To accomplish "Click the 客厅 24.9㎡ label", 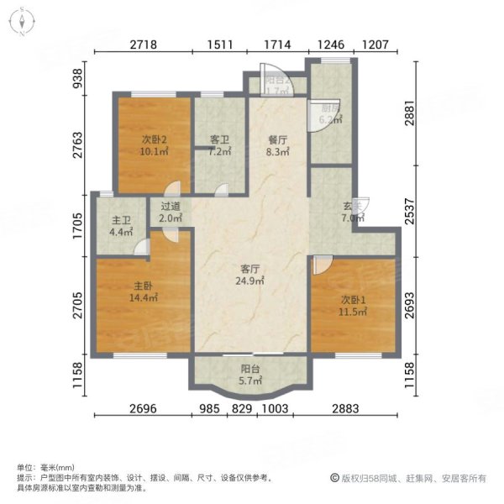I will click(x=249, y=275).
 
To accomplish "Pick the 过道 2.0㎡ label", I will click(x=171, y=212).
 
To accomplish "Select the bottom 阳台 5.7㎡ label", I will click(x=249, y=374).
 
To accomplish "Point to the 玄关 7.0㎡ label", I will click(x=352, y=212).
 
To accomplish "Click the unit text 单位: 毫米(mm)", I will click(x=45, y=467).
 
